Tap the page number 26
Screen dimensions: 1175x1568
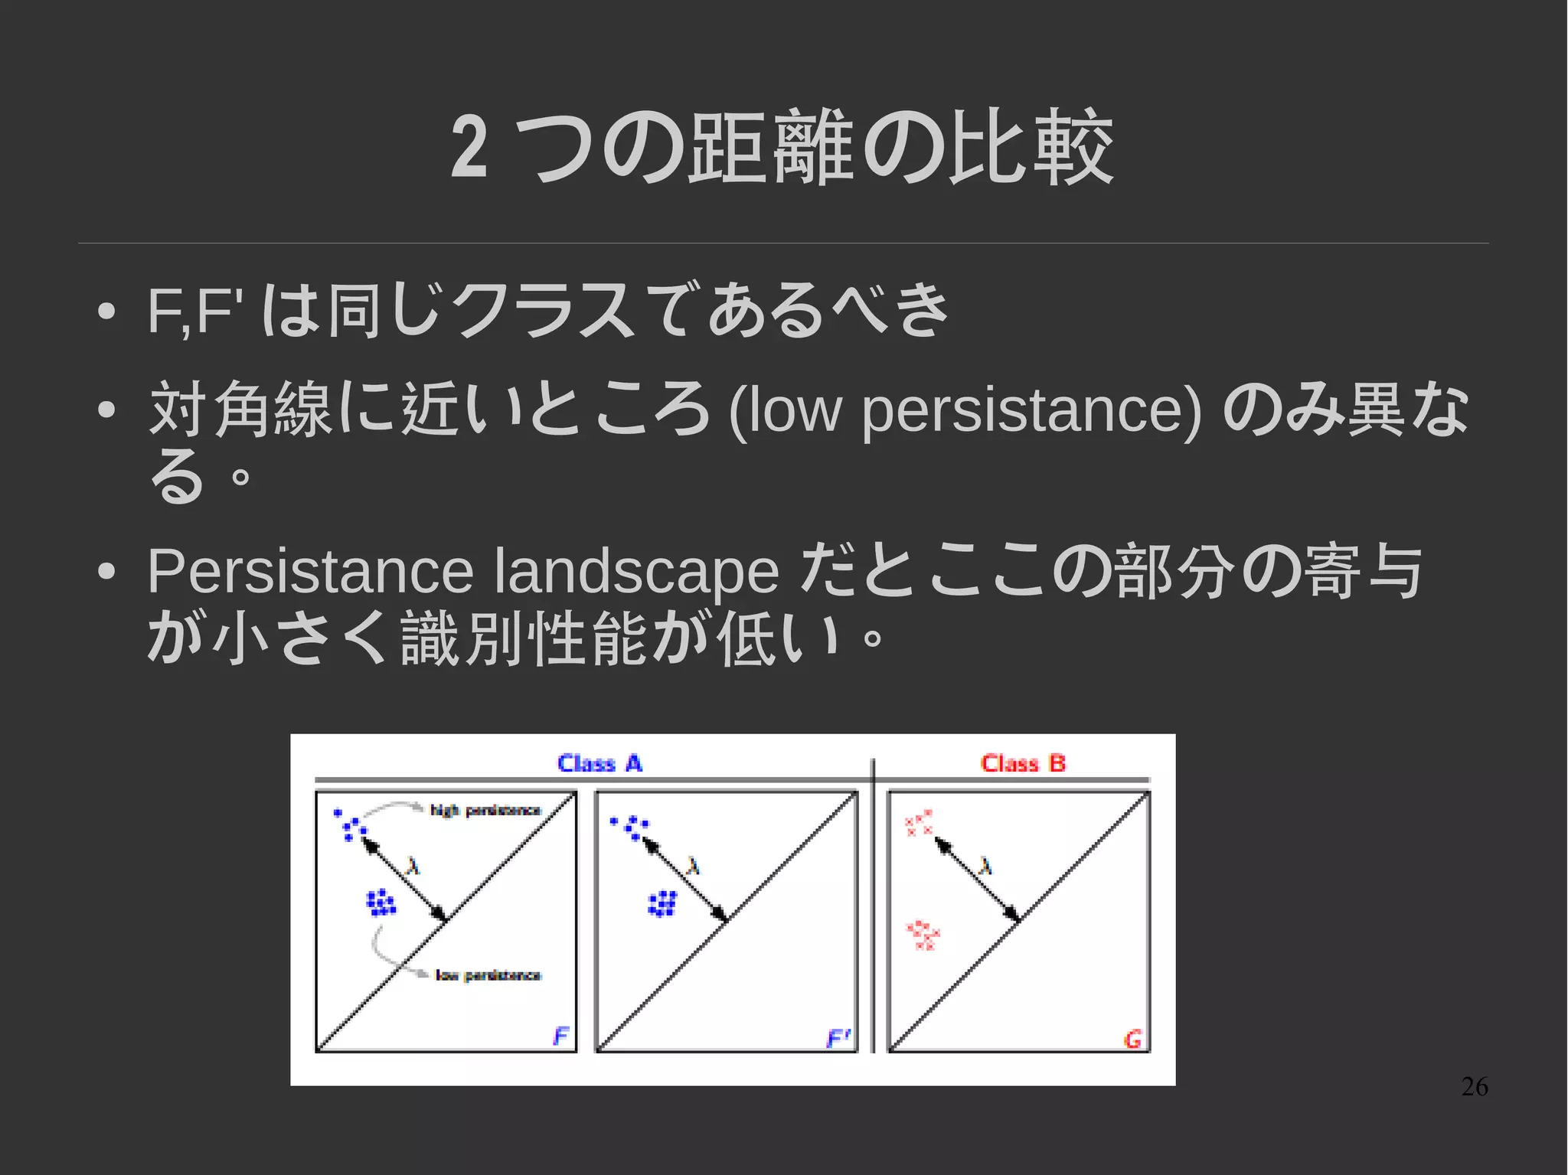point(1474,1086)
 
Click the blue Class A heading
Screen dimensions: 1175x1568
point(599,763)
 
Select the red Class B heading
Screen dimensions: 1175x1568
point(1023,763)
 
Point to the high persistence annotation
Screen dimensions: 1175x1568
point(485,810)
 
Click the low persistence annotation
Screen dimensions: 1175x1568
point(488,974)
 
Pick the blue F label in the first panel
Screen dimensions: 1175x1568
point(561,1036)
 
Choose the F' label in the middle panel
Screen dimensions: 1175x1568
point(838,1038)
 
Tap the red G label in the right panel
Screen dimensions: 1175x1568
point(1132,1039)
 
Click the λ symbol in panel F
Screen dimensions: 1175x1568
point(413,866)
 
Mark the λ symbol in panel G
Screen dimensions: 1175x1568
point(985,866)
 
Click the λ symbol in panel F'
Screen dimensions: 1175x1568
point(694,866)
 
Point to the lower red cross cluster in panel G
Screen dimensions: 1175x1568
point(923,935)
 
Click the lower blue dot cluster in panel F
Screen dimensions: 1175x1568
point(381,903)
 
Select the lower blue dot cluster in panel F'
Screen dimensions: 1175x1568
point(662,904)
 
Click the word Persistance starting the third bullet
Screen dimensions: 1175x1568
point(311,571)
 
